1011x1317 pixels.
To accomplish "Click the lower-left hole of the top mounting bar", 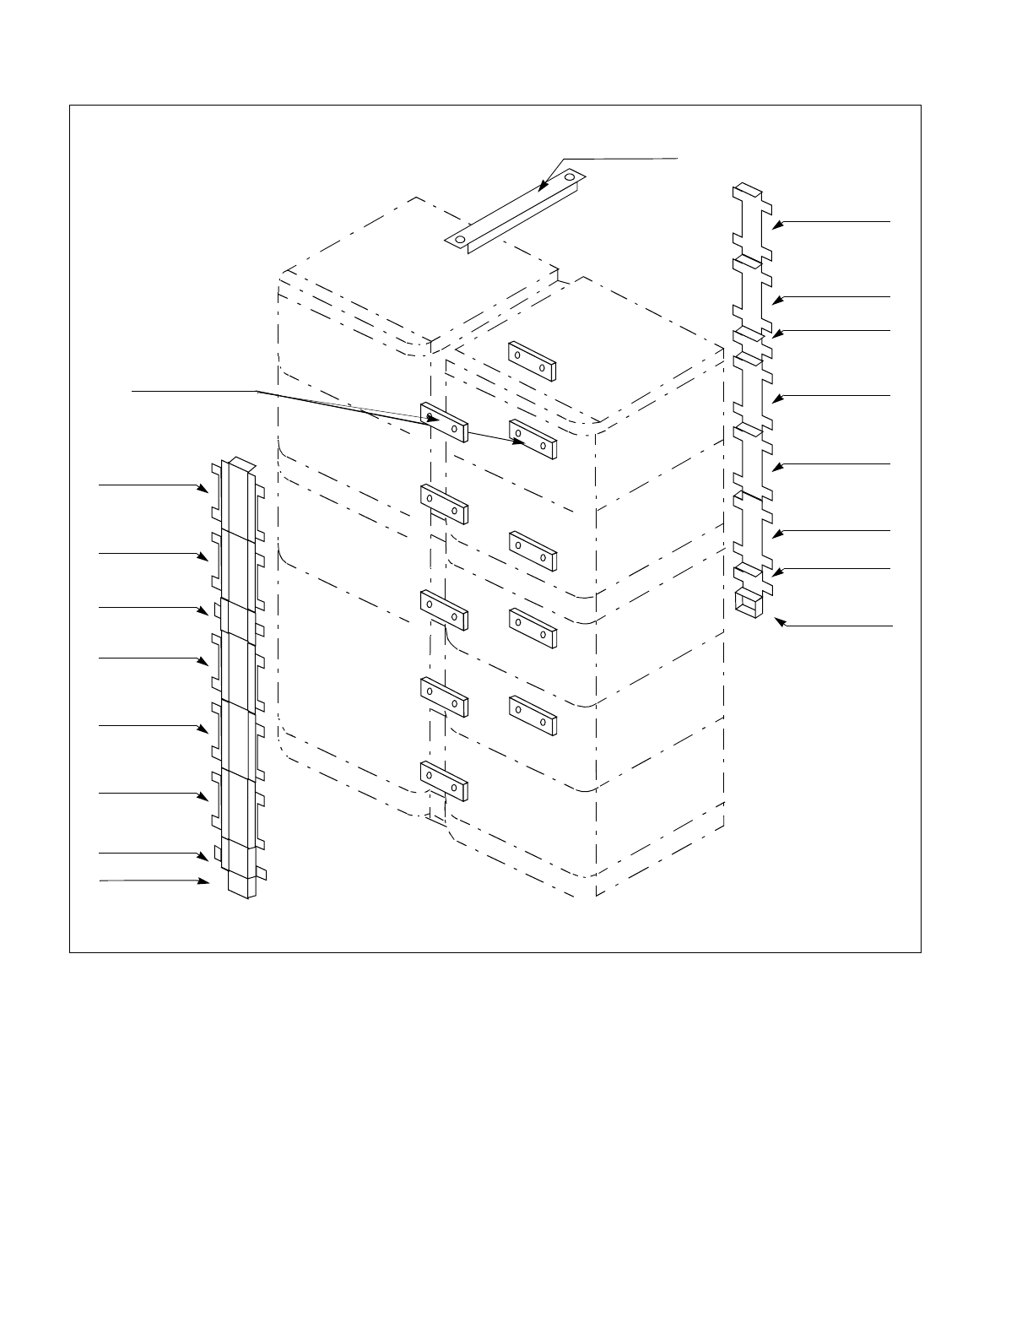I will coord(460,239).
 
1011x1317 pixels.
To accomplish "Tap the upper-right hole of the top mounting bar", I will coord(570,177).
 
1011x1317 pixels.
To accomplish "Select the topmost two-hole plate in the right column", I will coord(531,361).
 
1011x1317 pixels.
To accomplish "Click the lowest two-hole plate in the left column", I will coord(443,781).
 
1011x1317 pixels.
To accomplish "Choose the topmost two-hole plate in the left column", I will coord(443,422).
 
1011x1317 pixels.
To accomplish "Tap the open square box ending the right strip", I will coord(746,603).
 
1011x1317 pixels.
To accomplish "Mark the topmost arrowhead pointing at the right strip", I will coord(777,223).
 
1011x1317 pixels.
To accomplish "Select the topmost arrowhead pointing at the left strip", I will coord(205,488).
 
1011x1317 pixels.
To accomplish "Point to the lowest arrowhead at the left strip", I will coord(205,881).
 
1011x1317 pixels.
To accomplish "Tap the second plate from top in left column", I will coord(443,504).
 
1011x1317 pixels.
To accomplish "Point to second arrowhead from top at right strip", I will coord(777,298).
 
